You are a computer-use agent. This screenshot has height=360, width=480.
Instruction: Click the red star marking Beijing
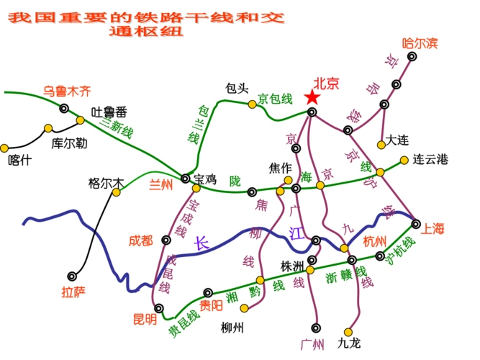point(312,98)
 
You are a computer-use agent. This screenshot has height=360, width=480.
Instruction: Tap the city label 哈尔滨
point(420,43)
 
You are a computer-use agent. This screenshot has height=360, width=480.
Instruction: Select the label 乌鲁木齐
point(67,91)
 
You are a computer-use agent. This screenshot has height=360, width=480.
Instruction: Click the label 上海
point(433,229)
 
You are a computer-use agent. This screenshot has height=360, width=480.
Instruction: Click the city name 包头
point(237,88)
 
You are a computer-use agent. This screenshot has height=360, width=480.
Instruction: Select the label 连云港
point(430,158)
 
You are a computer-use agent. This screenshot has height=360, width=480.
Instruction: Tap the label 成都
point(141,240)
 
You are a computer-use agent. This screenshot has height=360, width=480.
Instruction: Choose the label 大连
point(397,140)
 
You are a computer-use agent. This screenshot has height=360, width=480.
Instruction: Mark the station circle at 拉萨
point(72,275)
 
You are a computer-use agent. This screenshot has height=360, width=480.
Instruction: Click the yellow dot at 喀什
point(4,148)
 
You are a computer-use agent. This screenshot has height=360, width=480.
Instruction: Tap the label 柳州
point(232,328)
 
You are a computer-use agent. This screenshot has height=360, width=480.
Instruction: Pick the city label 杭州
point(375,240)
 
